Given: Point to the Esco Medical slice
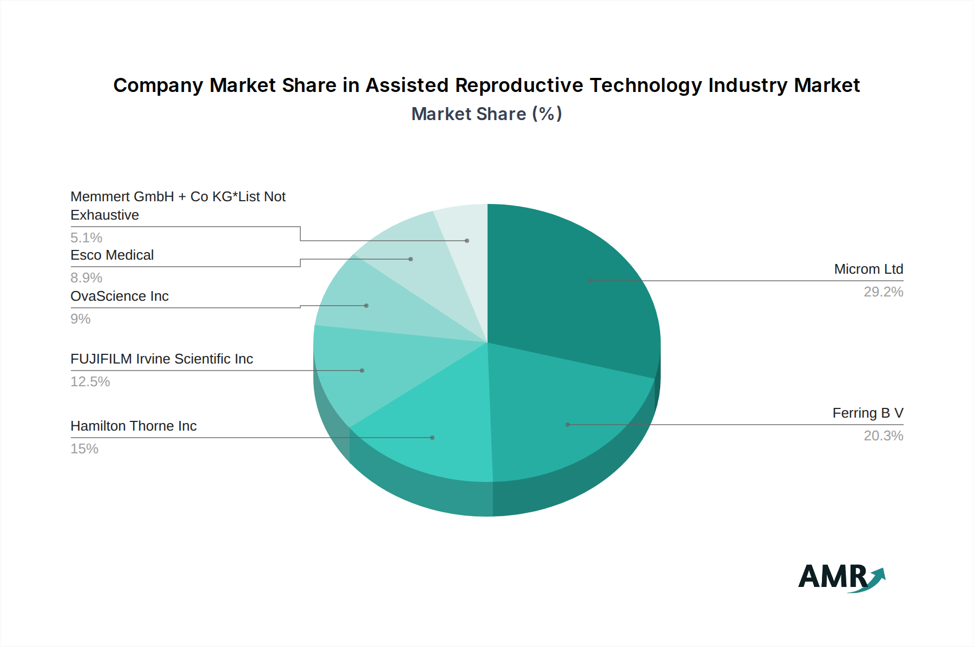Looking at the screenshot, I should pyautogui.click(x=411, y=260).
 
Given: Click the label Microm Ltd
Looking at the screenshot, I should pyautogui.click(x=868, y=269).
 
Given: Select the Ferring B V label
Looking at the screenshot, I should pyautogui.click(x=868, y=413).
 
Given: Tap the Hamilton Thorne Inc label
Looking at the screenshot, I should pyautogui.click(x=134, y=426).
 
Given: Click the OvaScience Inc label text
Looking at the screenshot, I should pyautogui.click(x=120, y=296).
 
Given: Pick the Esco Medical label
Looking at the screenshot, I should pyautogui.click(x=112, y=255).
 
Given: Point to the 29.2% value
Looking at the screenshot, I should pyautogui.click(x=883, y=292).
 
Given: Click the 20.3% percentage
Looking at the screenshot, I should pyautogui.click(x=883, y=435).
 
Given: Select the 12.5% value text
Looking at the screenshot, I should pyautogui.click(x=90, y=381).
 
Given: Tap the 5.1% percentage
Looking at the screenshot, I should pyautogui.click(x=87, y=237).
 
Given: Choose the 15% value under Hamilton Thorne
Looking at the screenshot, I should pyautogui.click(x=84, y=448).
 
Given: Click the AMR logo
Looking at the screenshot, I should pyautogui.click(x=841, y=577).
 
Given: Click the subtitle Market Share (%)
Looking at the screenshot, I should pyautogui.click(x=486, y=114).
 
